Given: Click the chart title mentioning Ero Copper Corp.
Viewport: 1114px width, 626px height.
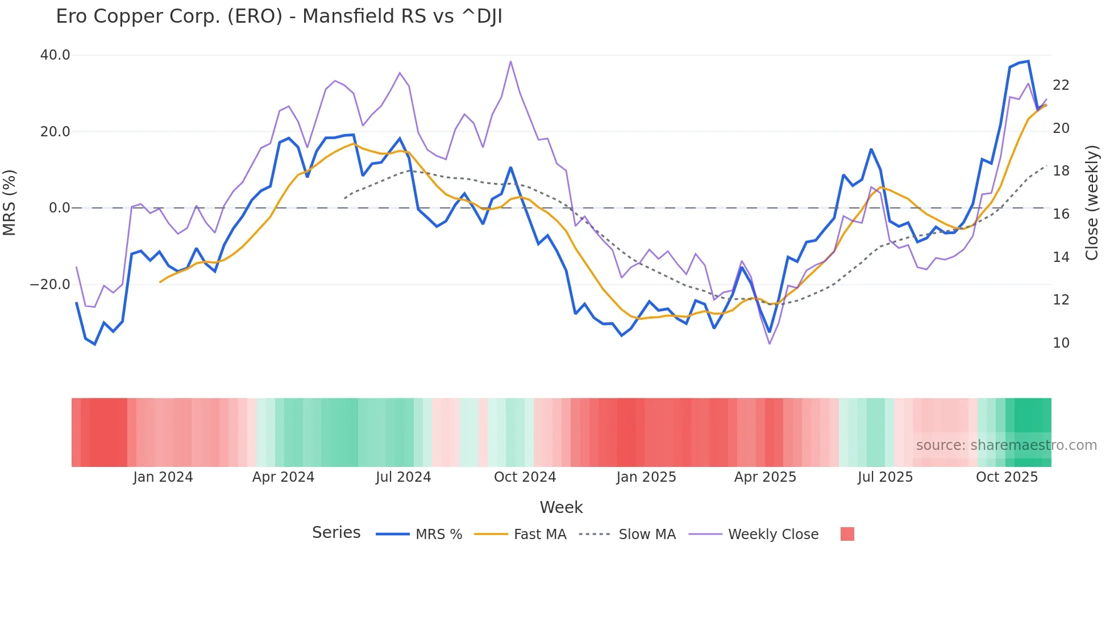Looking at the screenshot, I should [278, 16].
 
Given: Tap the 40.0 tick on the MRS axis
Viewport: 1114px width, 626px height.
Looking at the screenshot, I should [55, 55].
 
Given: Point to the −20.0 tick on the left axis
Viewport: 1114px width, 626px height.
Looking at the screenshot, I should [50, 285].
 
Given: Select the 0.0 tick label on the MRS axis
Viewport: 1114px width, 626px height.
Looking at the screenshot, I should [59, 208].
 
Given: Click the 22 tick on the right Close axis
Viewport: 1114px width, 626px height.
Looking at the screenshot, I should [1061, 85].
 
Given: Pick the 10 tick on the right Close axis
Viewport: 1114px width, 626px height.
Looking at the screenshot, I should [1061, 343].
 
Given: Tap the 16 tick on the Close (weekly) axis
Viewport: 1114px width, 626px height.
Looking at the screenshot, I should [1061, 214].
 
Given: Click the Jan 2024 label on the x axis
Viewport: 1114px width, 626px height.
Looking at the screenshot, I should [163, 477].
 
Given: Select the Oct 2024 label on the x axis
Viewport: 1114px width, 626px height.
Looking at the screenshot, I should [525, 477].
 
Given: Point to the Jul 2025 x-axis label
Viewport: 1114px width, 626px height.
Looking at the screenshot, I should [885, 477].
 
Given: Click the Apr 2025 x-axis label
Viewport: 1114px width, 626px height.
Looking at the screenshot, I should [765, 477].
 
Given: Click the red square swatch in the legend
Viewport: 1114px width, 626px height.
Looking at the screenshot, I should [847, 534].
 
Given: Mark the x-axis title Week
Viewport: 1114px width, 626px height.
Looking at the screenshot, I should [561, 507].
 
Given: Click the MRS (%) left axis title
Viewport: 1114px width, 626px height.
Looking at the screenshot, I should [10, 203].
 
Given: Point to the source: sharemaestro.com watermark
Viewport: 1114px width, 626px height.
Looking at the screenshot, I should [1006, 445].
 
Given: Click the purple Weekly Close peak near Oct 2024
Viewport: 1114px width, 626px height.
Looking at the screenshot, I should [510, 61].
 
